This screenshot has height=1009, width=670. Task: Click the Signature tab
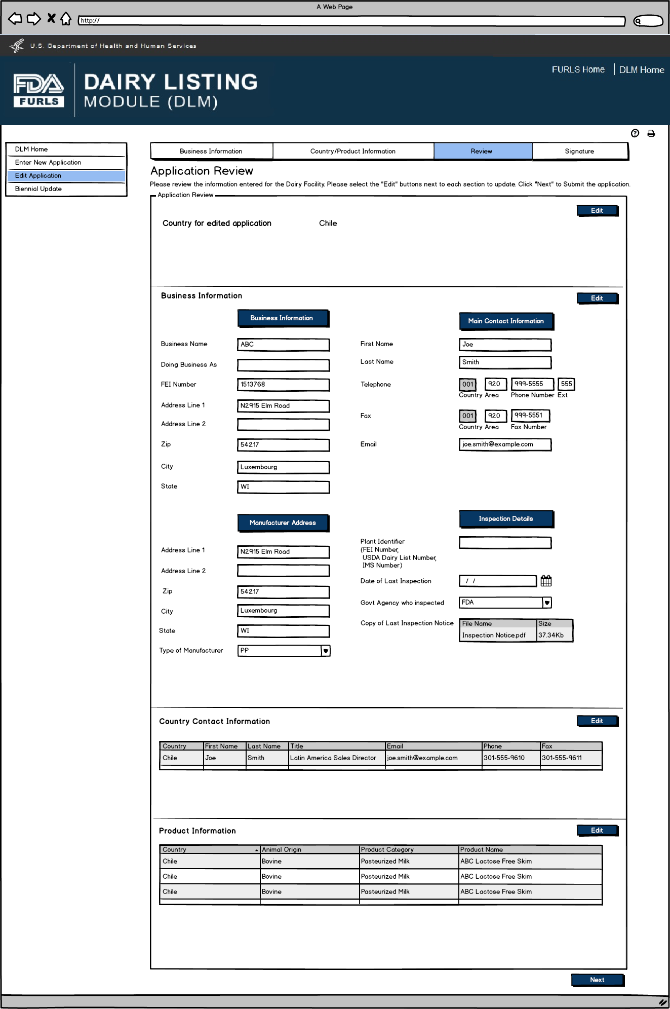click(579, 151)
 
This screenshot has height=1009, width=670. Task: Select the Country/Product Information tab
click(352, 151)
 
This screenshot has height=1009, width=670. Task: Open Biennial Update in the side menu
click(38, 189)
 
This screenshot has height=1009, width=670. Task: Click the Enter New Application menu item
click(48, 163)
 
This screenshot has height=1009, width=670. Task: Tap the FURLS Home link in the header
click(578, 70)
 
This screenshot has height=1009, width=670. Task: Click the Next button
click(597, 980)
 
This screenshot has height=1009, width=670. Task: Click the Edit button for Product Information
click(597, 831)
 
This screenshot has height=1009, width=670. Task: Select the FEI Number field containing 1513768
click(283, 385)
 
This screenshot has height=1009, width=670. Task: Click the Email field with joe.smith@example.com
click(504, 444)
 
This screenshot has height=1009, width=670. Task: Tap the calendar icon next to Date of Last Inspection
click(546, 581)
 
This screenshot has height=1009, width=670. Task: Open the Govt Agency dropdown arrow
click(547, 603)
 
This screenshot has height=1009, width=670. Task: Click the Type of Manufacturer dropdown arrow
click(326, 651)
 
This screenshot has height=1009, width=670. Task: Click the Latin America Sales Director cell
click(333, 758)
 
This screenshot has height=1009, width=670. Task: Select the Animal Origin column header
click(282, 850)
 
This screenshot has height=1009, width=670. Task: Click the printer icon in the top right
click(651, 134)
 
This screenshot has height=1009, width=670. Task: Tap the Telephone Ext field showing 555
click(566, 384)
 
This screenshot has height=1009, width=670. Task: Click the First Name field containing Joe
click(504, 345)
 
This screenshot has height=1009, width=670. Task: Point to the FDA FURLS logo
click(38, 91)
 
